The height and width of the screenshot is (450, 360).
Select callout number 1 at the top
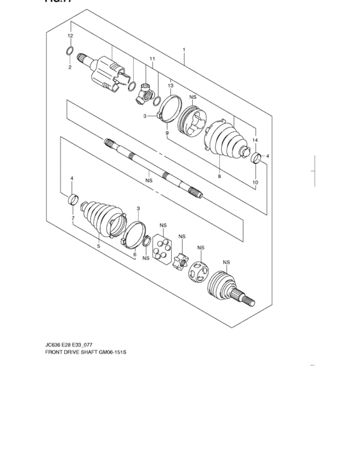click(184, 50)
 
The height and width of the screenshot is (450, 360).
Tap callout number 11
click(152, 59)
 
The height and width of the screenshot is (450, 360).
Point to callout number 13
click(170, 85)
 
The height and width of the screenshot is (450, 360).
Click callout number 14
click(255, 140)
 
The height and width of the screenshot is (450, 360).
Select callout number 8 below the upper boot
click(219, 175)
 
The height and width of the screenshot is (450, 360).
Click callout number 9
click(166, 132)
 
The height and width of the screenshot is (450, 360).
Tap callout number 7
click(72, 219)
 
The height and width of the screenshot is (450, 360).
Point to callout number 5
click(98, 245)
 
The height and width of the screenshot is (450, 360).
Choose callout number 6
click(134, 255)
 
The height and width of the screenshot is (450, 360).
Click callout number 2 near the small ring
click(70, 67)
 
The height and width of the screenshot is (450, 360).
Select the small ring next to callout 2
click(71, 51)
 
